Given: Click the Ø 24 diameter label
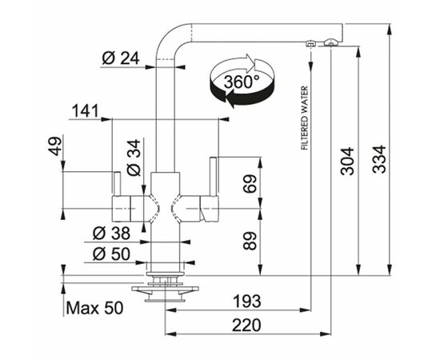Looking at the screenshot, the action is pos(120,58).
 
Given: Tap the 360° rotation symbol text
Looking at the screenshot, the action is pos(242,82).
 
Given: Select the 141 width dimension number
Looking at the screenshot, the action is pos(86,110).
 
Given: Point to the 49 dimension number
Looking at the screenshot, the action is pos(55,146).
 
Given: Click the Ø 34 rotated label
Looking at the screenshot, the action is pos(134,158).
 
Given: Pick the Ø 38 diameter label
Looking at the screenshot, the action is pos(111,233).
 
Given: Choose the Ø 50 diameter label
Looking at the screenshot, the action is pos(111,254).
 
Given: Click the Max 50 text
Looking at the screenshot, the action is pos(95,308).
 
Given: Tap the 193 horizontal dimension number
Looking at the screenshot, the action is pos(247,302).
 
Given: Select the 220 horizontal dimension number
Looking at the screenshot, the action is pos(246,326).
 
